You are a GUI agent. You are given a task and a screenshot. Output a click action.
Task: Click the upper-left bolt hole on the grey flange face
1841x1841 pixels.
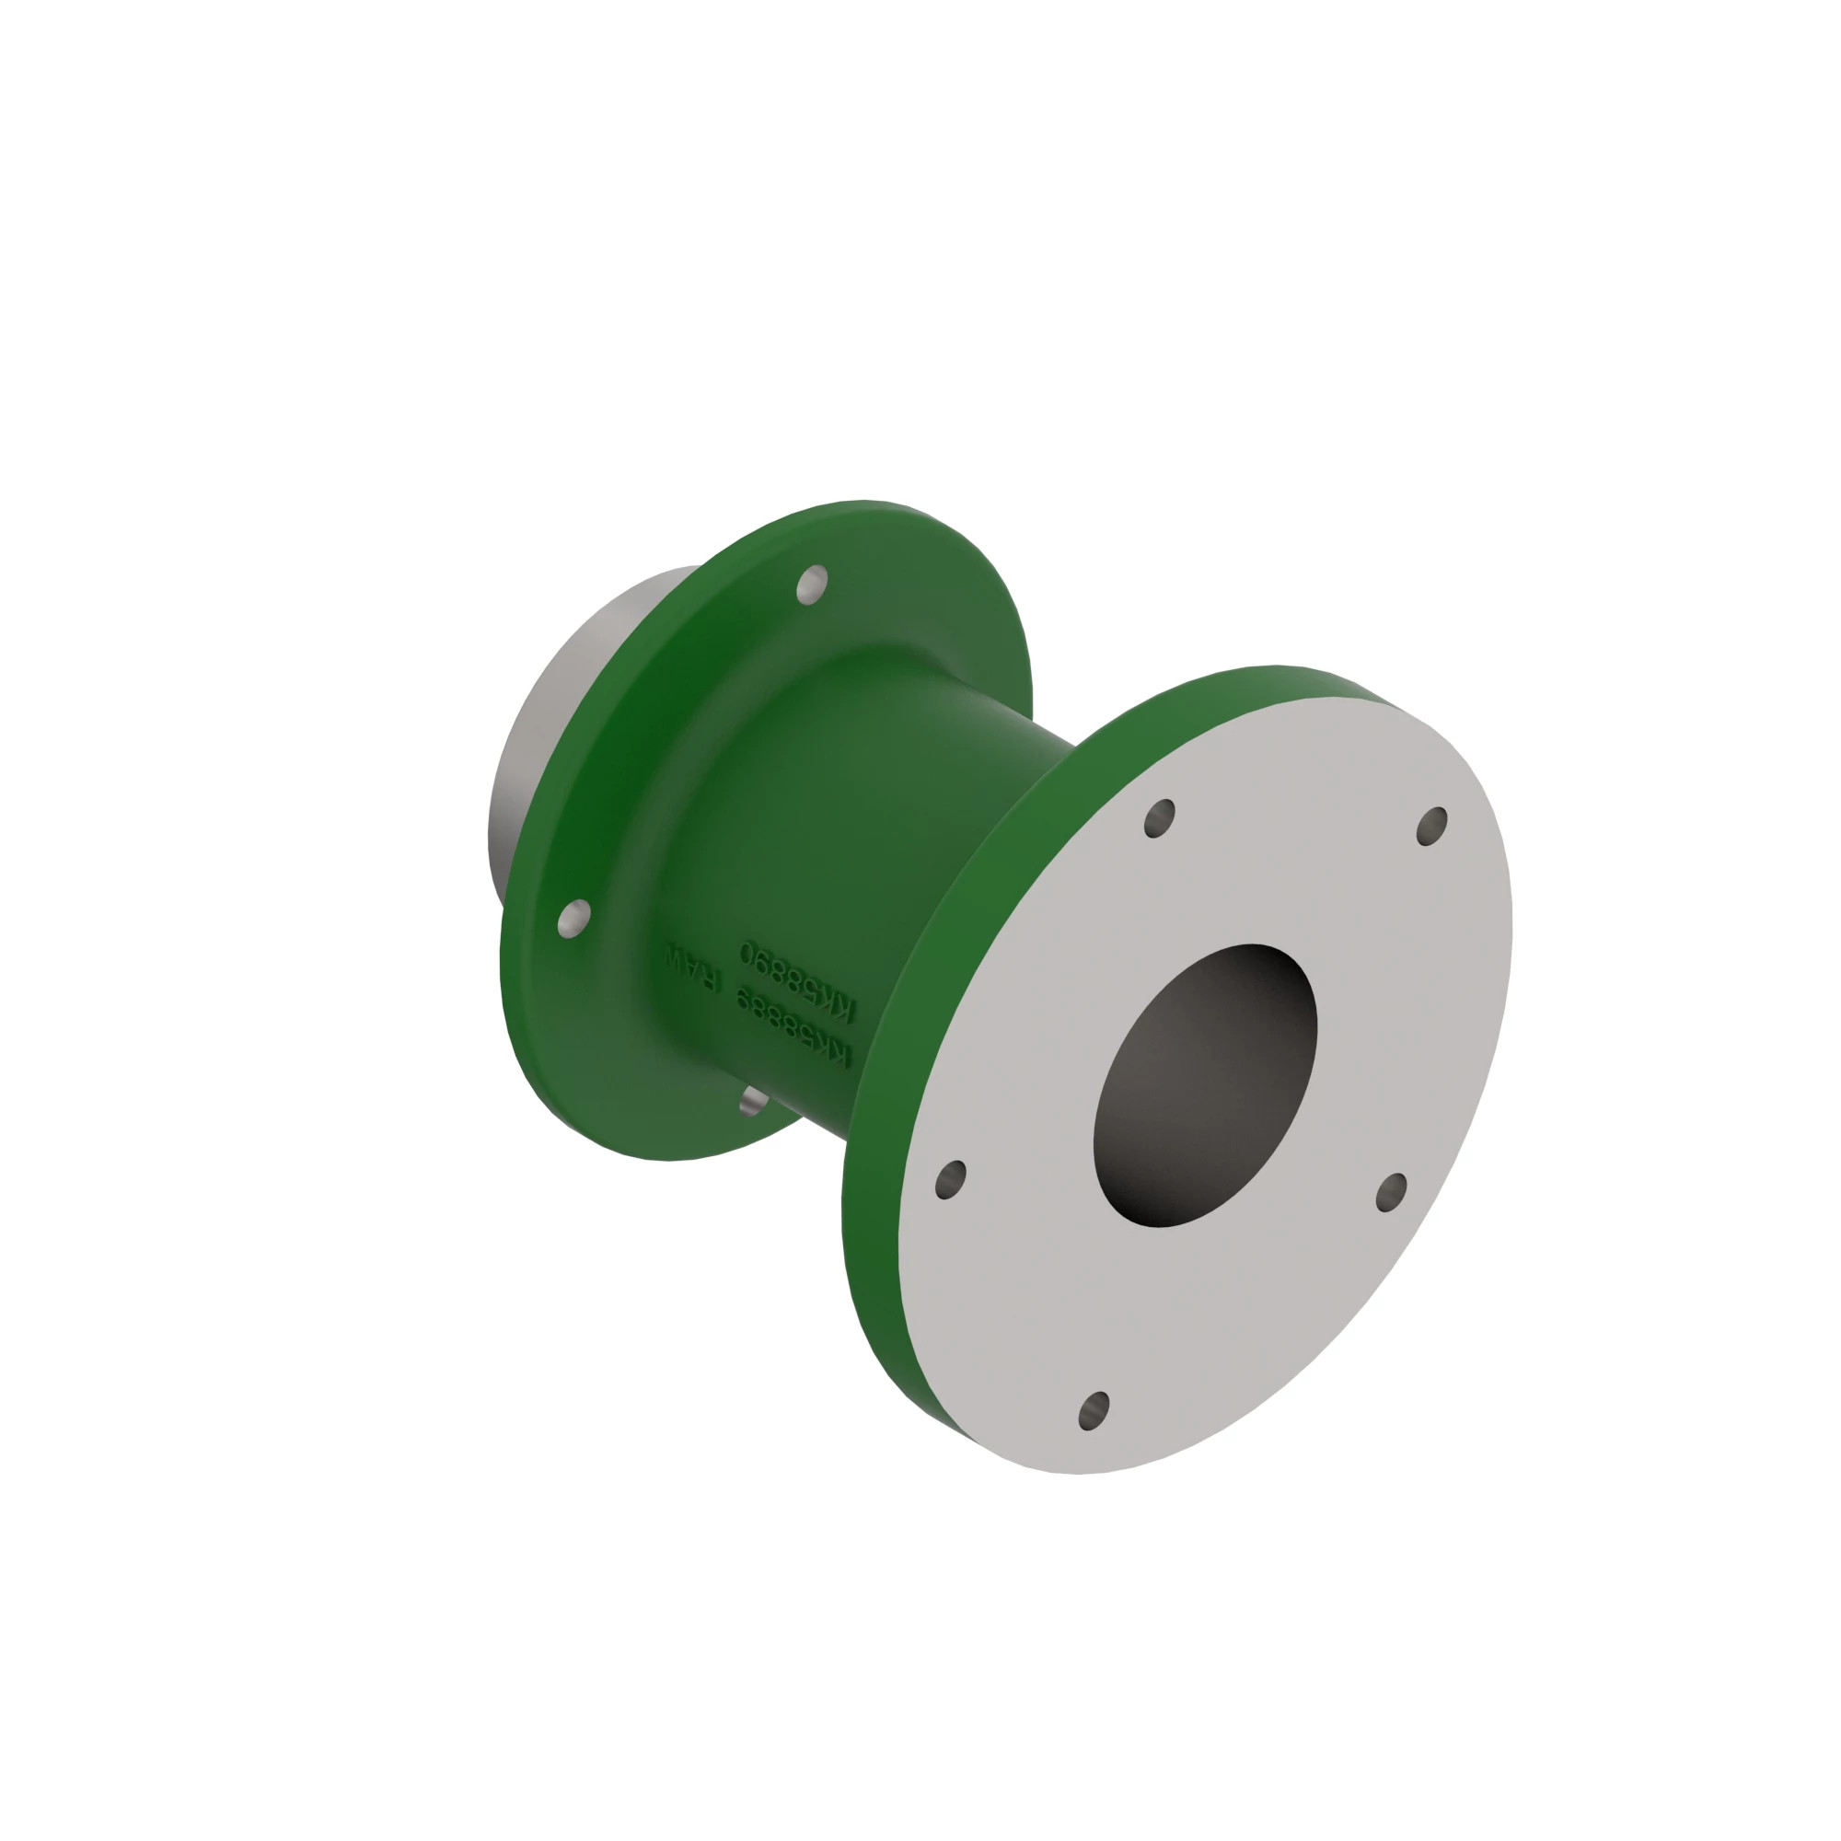(x=1160, y=818)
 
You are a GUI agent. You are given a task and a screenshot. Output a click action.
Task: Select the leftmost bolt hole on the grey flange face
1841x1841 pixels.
(x=950, y=1180)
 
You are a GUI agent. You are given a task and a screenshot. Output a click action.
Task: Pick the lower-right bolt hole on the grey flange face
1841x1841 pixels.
(x=1391, y=1192)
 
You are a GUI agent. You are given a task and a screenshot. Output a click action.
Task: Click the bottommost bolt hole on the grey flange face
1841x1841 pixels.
(x=1094, y=1409)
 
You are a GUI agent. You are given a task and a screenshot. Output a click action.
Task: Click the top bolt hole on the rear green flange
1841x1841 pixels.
(x=812, y=585)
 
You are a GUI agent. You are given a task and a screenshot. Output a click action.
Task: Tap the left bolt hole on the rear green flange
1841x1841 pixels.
(x=573, y=918)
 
